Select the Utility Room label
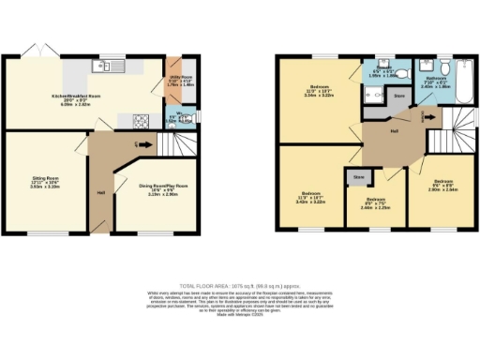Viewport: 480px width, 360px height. coord(180,80)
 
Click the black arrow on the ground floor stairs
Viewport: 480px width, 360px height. coord(141,143)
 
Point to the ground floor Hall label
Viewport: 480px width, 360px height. coord(100,193)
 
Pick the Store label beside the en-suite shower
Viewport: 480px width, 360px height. coord(397,95)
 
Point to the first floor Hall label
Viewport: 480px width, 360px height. coord(395,131)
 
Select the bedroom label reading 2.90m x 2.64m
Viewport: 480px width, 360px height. coord(442,186)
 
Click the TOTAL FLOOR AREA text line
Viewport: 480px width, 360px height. coord(240,285)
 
